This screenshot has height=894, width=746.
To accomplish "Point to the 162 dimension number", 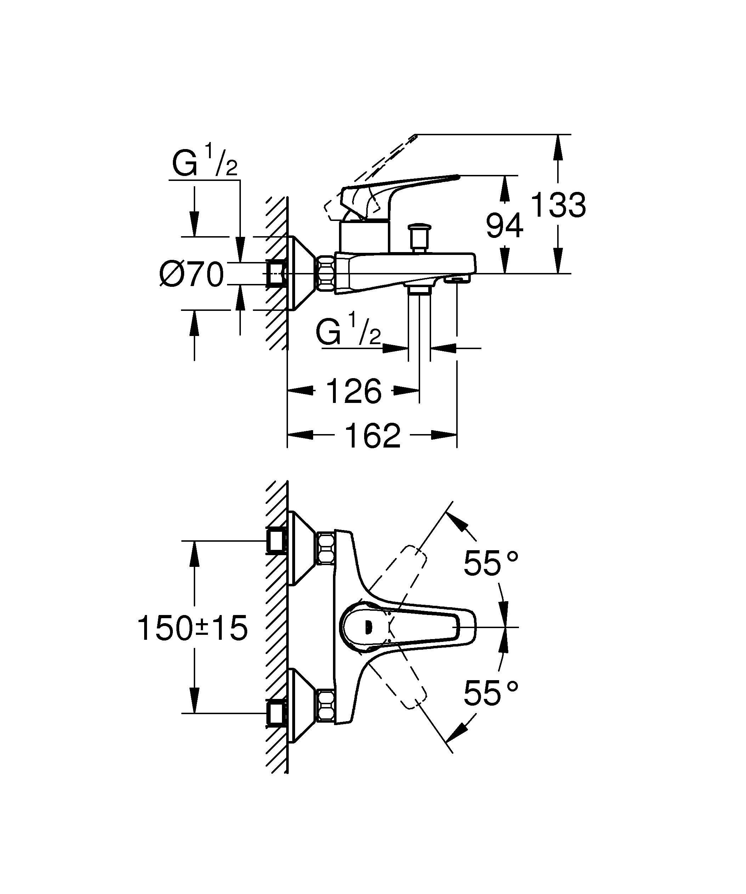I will (x=373, y=435).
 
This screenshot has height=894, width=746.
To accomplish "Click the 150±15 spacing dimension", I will (x=192, y=628).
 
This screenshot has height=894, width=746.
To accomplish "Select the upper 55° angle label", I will (x=491, y=563).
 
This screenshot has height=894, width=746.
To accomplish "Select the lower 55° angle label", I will (x=491, y=693).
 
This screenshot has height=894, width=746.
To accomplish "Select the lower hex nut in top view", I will (x=326, y=705).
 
